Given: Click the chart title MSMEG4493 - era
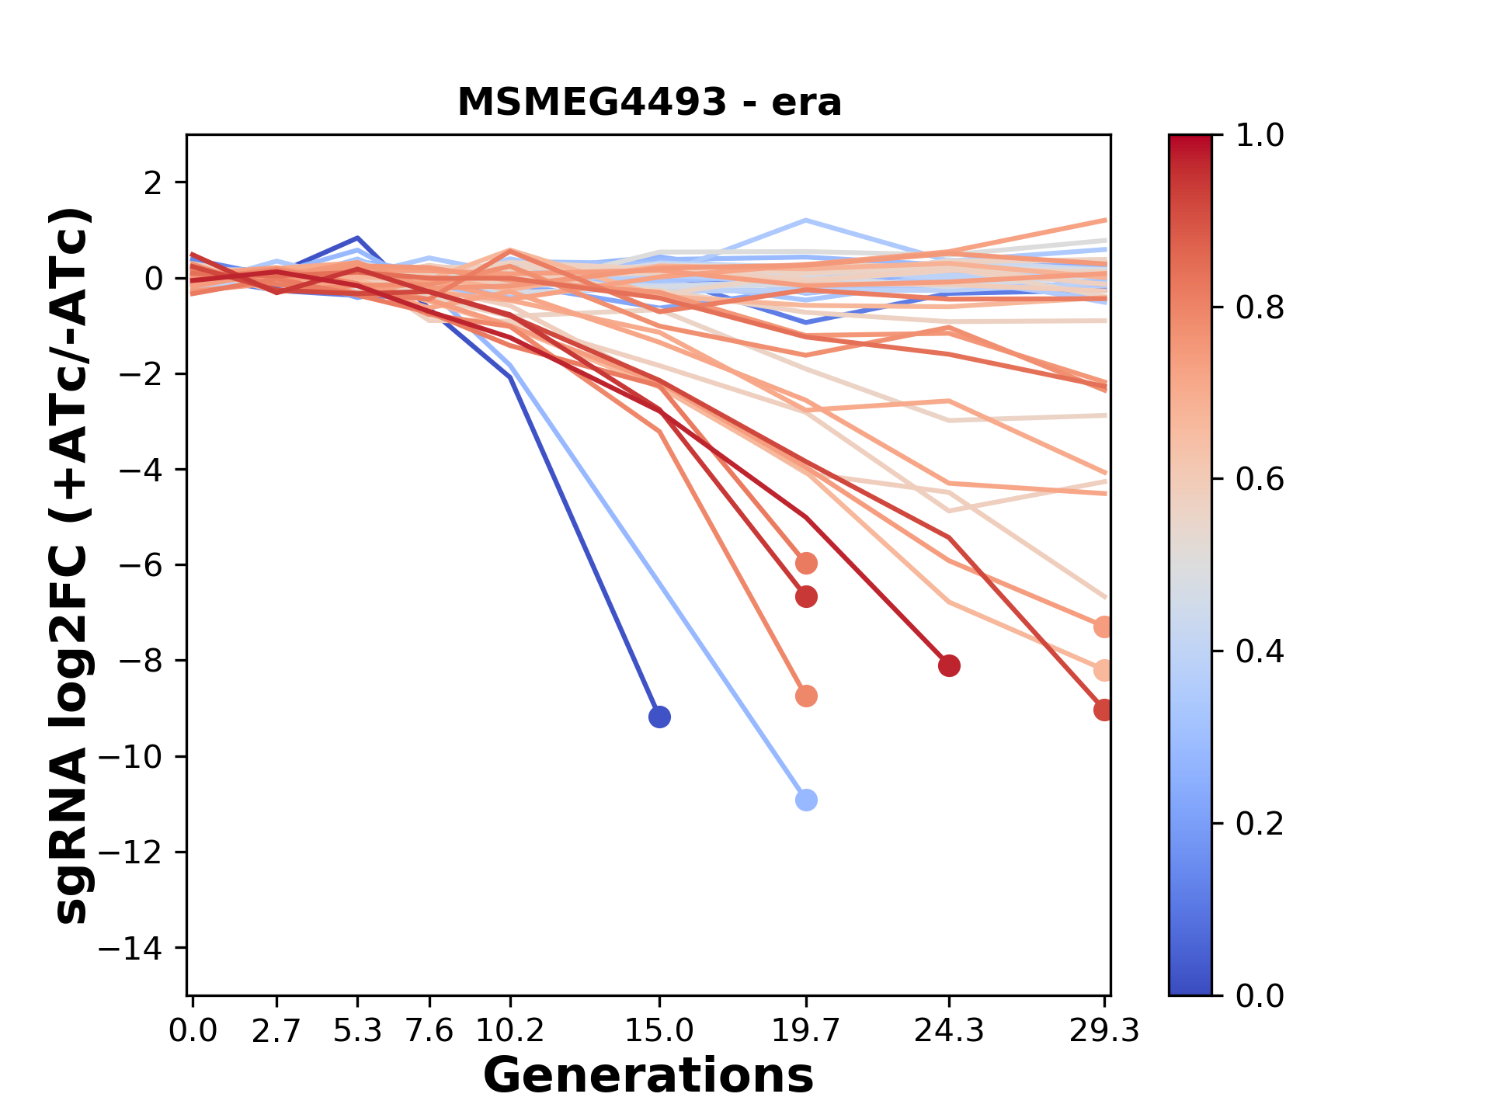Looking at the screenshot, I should (649, 102).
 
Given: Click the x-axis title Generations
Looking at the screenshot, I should (648, 1076).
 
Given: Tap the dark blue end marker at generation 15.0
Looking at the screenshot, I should (659, 717).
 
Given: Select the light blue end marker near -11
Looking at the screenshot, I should (806, 800).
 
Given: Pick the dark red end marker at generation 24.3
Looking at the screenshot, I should (949, 665).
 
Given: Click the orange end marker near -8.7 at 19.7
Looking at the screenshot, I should (806, 696).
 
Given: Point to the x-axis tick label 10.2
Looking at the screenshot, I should (509, 1031).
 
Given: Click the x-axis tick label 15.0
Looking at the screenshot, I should (659, 1031).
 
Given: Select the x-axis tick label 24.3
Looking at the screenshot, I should (949, 1031).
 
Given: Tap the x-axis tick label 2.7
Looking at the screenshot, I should (276, 1031).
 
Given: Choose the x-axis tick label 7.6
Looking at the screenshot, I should (429, 1031).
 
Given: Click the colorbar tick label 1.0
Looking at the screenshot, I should (1260, 136).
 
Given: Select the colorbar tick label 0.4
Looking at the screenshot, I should (1260, 651).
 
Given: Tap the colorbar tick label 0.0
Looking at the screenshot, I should (1260, 995).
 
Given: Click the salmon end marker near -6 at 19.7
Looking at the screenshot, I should (806, 563).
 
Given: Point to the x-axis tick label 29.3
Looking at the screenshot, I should (1103, 1031).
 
